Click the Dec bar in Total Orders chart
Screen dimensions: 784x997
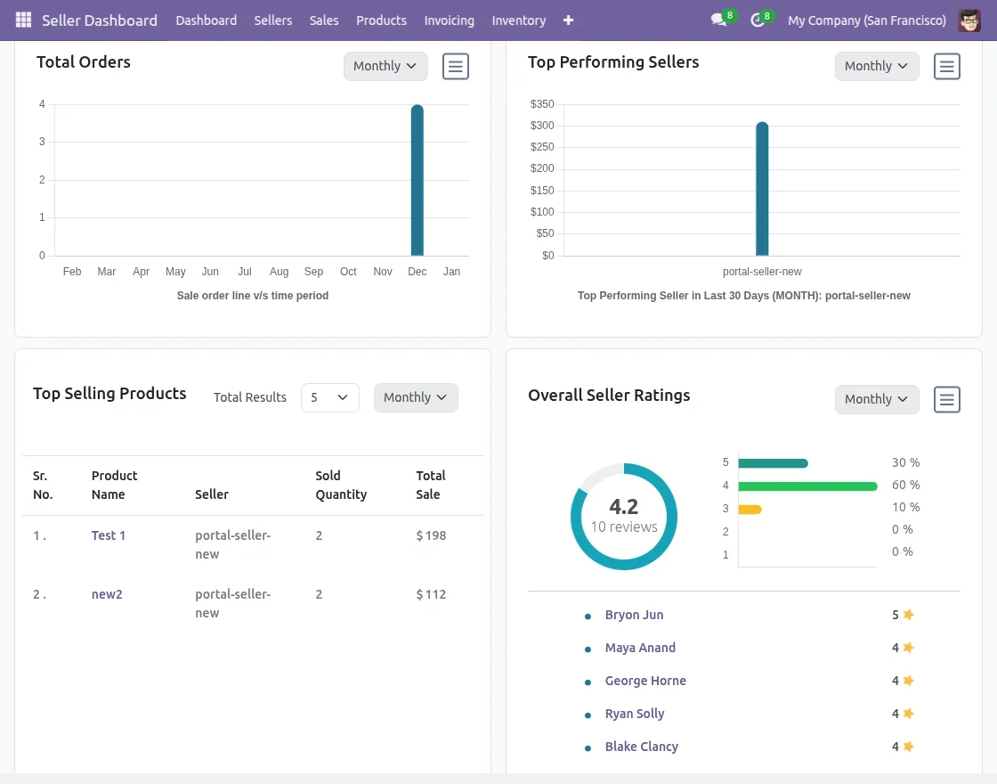(x=417, y=181)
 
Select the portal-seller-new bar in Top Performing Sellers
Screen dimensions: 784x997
(x=762, y=190)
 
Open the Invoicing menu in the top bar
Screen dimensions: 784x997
(x=449, y=20)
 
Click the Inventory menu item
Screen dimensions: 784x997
(x=518, y=20)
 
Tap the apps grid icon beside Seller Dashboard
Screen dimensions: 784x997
(x=23, y=20)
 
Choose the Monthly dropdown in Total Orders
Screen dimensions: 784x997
(x=385, y=66)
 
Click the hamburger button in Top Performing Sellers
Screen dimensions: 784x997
(x=946, y=66)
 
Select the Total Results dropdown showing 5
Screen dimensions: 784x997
(x=329, y=397)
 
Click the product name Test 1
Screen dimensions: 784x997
(x=109, y=535)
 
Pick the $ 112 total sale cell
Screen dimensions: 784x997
(x=431, y=594)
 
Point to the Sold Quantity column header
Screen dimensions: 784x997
(x=341, y=485)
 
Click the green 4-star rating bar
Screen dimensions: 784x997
(x=807, y=486)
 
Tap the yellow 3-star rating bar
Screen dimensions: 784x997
(x=750, y=509)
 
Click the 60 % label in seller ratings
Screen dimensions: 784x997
(x=905, y=486)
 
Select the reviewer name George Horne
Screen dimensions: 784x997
(x=645, y=681)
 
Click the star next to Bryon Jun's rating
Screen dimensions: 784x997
(x=908, y=615)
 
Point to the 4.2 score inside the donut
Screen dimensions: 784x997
(x=623, y=507)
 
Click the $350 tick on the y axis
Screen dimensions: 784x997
(x=542, y=104)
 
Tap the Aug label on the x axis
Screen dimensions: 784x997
(x=279, y=272)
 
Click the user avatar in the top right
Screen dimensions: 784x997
(x=969, y=20)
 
